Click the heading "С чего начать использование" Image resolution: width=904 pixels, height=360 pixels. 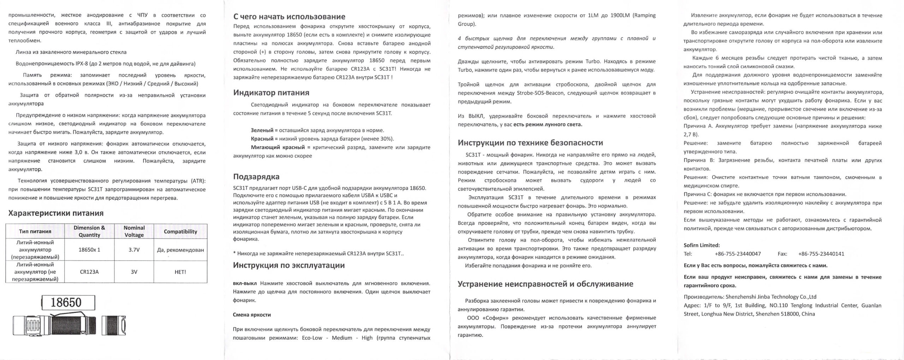289,17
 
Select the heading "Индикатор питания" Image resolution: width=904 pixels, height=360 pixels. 271,93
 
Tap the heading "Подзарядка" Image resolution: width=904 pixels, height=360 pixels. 256,177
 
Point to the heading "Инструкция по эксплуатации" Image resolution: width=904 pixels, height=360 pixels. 289,265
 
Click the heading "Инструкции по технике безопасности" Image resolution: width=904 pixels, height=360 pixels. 530,143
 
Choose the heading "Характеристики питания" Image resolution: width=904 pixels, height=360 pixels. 56,213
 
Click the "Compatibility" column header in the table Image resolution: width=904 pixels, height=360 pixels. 180,231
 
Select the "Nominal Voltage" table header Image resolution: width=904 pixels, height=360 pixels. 134,231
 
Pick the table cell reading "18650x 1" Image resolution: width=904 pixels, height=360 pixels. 89,250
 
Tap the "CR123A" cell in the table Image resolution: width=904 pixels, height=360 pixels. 89,272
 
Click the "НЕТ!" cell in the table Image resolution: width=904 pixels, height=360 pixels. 180,272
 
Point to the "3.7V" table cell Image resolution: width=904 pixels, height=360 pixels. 134,250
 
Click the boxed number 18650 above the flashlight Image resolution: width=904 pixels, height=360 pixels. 68,303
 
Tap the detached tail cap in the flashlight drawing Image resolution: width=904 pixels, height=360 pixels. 114,325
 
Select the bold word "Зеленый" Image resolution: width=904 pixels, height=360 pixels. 262,130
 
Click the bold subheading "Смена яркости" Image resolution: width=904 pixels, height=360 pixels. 252,315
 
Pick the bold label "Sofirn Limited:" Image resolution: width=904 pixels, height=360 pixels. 701,245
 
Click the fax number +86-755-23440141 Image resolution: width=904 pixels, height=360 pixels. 821,254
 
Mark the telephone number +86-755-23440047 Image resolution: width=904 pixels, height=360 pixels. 738,254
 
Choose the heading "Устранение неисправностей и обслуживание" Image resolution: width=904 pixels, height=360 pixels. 545,284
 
